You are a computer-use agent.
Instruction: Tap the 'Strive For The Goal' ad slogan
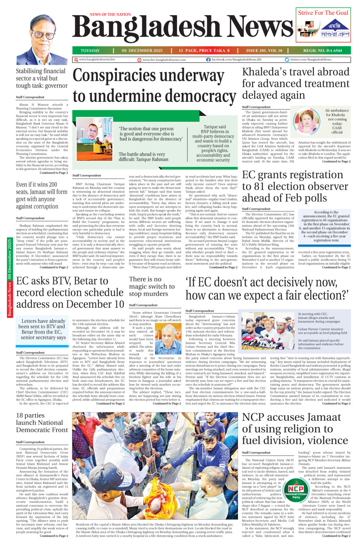(x=323, y=13)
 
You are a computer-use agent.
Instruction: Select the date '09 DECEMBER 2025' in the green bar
(x=142, y=51)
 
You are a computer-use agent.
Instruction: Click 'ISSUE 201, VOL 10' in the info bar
(x=264, y=51)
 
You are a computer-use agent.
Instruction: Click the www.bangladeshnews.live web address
(x=97, y=59)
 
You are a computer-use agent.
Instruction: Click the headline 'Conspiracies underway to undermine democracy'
(x=154, y=86)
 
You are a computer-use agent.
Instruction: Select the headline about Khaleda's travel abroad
(x=295, y=83)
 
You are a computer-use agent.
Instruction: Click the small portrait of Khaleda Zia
(x=307, y=122)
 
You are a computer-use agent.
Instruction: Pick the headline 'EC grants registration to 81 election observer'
(x=295, y=186)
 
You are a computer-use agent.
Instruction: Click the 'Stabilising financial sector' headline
(x=42, y=78)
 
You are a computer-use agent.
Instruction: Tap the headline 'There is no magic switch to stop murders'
(x=152, y=286)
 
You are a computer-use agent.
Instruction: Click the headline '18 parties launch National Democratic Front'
(x=39, y=423)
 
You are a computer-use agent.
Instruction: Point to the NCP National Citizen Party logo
(x=296, y=491)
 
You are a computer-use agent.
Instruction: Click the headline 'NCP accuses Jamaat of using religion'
(x=295, y=429)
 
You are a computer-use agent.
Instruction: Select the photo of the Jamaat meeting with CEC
(x=268, y=331)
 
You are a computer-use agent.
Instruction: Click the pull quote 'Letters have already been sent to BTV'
(x=43, y=329)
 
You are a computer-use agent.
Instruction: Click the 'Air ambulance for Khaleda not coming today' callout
(x=337, y=121)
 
